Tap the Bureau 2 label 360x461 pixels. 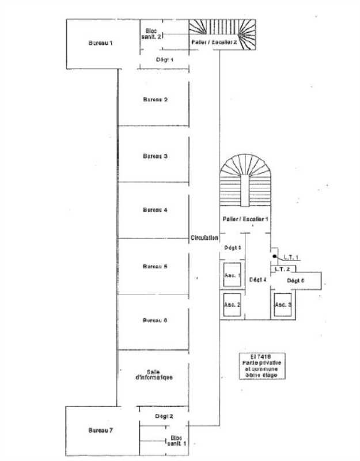pos(155,100)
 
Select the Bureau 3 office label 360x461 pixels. pos(155,156)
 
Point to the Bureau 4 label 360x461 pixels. pos(155,210)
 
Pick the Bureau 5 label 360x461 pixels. pos(155,267)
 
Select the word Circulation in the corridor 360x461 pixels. pos(204,237)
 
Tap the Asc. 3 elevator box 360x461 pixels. pos(283,304)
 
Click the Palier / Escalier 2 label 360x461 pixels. pos(214,42)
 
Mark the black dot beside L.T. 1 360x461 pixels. pos(275,256)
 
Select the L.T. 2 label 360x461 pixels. pos(282,269)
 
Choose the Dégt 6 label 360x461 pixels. pos(295,281)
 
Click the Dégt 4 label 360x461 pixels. pos(257,281)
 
